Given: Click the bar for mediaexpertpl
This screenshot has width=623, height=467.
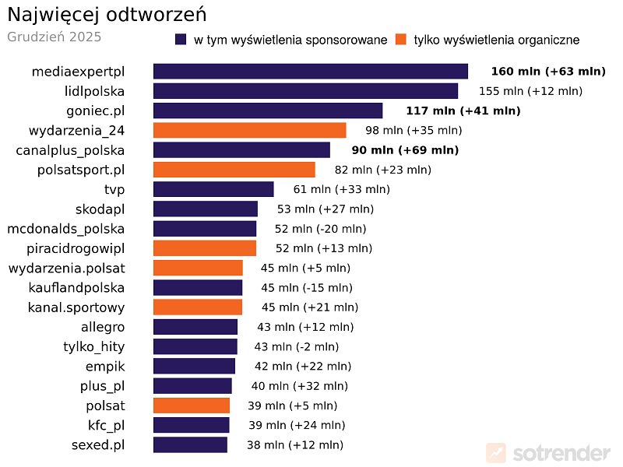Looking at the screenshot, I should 310,72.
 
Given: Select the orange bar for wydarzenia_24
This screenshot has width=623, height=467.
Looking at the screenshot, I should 249,130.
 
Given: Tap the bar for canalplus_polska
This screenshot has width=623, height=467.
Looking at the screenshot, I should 241,150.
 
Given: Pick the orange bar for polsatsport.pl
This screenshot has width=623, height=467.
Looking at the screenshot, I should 234,170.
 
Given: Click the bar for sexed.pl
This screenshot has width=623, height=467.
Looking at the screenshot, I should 190,444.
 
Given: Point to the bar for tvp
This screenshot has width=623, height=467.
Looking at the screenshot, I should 213,189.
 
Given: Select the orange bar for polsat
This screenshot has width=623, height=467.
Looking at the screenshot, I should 192,406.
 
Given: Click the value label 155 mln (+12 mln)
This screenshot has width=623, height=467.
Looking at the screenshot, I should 530,91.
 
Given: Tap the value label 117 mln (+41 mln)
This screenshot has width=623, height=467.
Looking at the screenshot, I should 463,111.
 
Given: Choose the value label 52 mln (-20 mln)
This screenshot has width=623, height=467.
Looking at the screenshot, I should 320,229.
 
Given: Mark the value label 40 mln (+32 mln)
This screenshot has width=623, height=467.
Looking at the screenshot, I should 299,386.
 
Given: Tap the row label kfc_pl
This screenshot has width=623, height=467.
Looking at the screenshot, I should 106,425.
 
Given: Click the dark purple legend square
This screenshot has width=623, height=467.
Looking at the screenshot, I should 181,40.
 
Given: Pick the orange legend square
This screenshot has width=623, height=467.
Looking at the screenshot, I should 401,40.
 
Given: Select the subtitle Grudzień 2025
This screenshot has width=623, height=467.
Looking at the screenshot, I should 54,37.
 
